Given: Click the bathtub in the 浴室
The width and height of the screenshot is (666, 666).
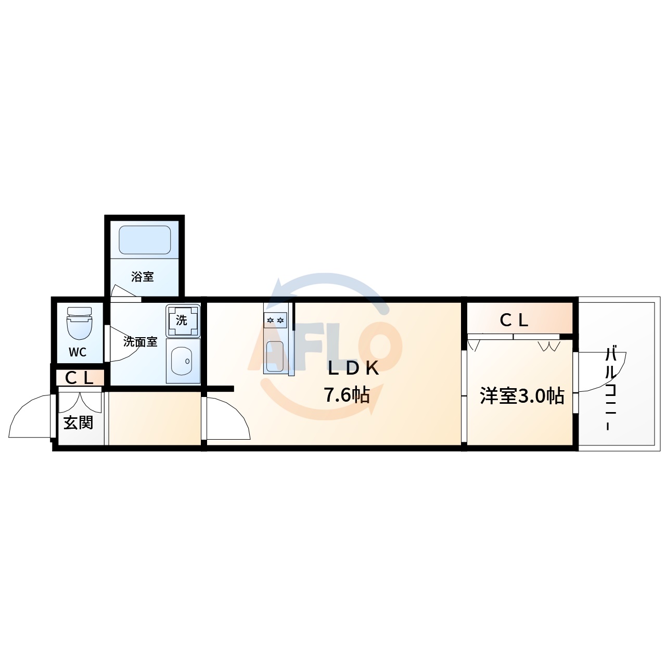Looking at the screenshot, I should click(145, 240).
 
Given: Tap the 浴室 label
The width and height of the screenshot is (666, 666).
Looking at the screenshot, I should click(143, 277).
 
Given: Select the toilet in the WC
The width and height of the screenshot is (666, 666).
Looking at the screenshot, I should click(79, 323).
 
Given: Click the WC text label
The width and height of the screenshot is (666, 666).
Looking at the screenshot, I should click(78, 352).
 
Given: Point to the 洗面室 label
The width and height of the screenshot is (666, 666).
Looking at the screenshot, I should click(140, 342).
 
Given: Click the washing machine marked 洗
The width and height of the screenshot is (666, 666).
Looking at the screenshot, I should click(182, 320).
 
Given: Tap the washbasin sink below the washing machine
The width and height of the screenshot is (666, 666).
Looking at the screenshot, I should click(182, 360).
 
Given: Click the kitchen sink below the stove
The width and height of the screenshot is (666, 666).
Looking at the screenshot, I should click(275, 357).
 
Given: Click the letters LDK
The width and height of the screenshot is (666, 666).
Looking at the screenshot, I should click(353, 368).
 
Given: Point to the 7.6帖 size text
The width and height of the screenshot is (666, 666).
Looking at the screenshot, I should click(347, 395).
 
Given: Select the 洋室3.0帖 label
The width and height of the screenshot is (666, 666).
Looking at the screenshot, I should click(522, 396).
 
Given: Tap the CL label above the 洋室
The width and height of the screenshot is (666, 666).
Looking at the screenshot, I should click(514, 320).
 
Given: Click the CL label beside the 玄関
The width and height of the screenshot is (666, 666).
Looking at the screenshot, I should click(79, 378).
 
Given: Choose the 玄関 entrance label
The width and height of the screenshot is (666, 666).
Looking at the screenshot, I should click(79, 422).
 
